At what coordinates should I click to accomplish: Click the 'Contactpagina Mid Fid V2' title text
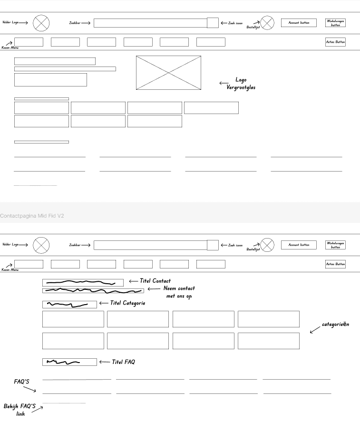[32, 216]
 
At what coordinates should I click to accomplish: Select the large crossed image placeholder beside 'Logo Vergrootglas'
[168, 73]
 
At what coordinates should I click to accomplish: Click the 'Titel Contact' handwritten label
[155, 281]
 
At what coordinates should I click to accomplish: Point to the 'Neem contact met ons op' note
[179, 292]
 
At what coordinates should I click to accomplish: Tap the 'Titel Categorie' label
[128, 303]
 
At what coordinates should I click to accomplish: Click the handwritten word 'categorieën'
[335, 325]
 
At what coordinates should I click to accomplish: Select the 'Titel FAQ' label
[123, 362]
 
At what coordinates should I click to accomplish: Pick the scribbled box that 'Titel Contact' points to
[83, 283]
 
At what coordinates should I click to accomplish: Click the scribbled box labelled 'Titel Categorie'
[69, 305]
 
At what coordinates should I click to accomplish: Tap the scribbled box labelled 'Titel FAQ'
[69, 362]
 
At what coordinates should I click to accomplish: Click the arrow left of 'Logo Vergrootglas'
[224, 83]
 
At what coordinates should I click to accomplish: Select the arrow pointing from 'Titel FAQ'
[104, 362]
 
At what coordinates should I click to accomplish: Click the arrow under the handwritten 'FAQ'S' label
[29, 389]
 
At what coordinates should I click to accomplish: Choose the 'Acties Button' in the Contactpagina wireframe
[335, 264]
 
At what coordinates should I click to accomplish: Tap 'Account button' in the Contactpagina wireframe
[299, 245]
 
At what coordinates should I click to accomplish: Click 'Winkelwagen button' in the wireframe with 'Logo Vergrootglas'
[335, 22]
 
